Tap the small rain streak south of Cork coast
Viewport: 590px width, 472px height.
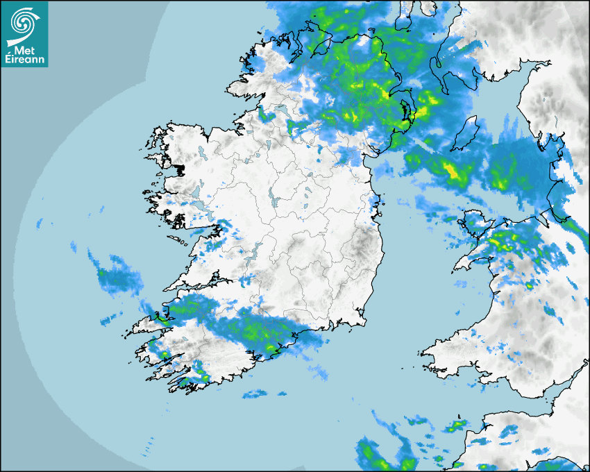pyautogui.click(x=254, y=394)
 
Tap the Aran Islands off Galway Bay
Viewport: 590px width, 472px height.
pyautogui.click(x=182, y=242)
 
